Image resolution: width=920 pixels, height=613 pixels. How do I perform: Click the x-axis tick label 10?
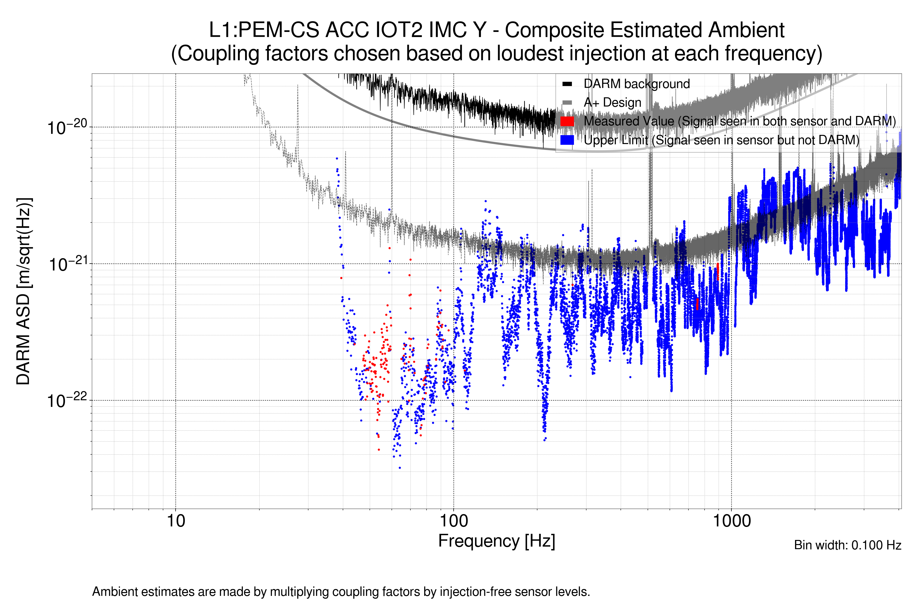176,521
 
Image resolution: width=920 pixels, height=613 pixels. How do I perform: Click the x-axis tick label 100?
453,521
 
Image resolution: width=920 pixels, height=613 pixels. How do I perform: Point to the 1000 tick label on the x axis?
731,521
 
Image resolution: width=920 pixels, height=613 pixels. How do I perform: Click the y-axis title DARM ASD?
24,291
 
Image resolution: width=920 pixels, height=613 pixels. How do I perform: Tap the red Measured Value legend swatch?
567,121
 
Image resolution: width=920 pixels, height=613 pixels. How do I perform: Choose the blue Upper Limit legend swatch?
567,140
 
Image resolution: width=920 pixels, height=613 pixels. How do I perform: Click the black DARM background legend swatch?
567,84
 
